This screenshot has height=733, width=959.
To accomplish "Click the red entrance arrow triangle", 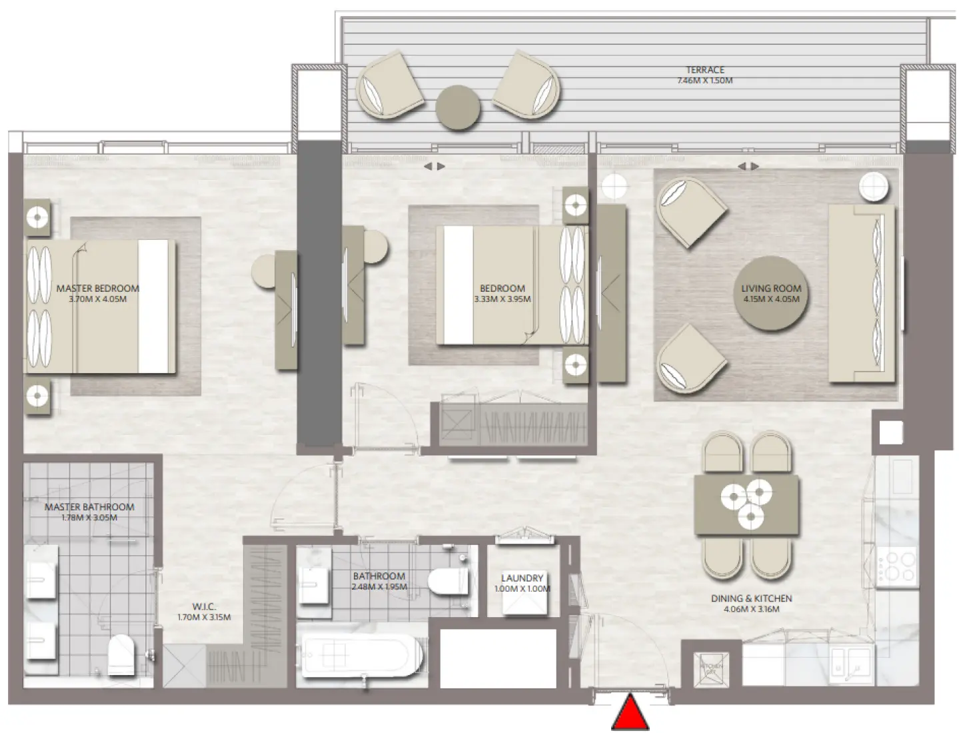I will (x=630, y=714).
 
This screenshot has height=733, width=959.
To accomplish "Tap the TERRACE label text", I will (x=705, y=70).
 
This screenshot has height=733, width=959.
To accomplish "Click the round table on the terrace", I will (x=458, y=107).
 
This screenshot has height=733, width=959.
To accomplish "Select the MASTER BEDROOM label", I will (x=98, y=289).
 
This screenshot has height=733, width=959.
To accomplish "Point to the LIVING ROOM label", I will (x=771, y=289).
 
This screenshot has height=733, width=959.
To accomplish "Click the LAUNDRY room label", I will (x=522, y=578).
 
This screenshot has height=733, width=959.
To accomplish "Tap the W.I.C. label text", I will (x=204, y=606).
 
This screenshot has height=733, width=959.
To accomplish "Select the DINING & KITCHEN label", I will (x=751, y=598).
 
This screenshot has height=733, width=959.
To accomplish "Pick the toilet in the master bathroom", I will (x=121, y=654).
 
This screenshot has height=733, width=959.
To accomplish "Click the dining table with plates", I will (x=746, y=504).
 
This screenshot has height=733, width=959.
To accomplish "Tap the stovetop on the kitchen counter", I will (x=896, y=567).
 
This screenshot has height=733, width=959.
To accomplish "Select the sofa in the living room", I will (x=862, y=293).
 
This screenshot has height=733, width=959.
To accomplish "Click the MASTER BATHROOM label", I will (x=89, y=507).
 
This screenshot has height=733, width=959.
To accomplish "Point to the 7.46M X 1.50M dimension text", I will (x=704, y=81).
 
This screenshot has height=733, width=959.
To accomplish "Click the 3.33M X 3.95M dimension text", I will (x=502, y=299).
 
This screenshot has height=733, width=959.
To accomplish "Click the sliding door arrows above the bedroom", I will (x=435, y=167).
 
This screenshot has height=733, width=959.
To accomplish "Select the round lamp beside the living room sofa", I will (x=874, y=187).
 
